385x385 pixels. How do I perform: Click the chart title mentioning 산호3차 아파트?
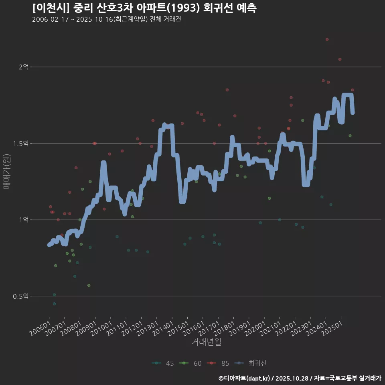[144, 8]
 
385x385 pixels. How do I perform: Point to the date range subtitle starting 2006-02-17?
[106, 20]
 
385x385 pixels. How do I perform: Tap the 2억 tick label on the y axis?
[24, 67]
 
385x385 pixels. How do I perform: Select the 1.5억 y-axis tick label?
[21, 144]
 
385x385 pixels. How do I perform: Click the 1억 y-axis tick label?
[24, 220]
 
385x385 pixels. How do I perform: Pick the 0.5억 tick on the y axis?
[21, 296]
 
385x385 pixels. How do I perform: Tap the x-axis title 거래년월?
[206, 342]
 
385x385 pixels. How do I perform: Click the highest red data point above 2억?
[327, 39]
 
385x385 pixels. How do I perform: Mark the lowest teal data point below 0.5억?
[54, 304]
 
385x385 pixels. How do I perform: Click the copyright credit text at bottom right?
[300, 378]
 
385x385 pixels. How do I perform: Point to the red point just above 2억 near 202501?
[340, 59]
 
